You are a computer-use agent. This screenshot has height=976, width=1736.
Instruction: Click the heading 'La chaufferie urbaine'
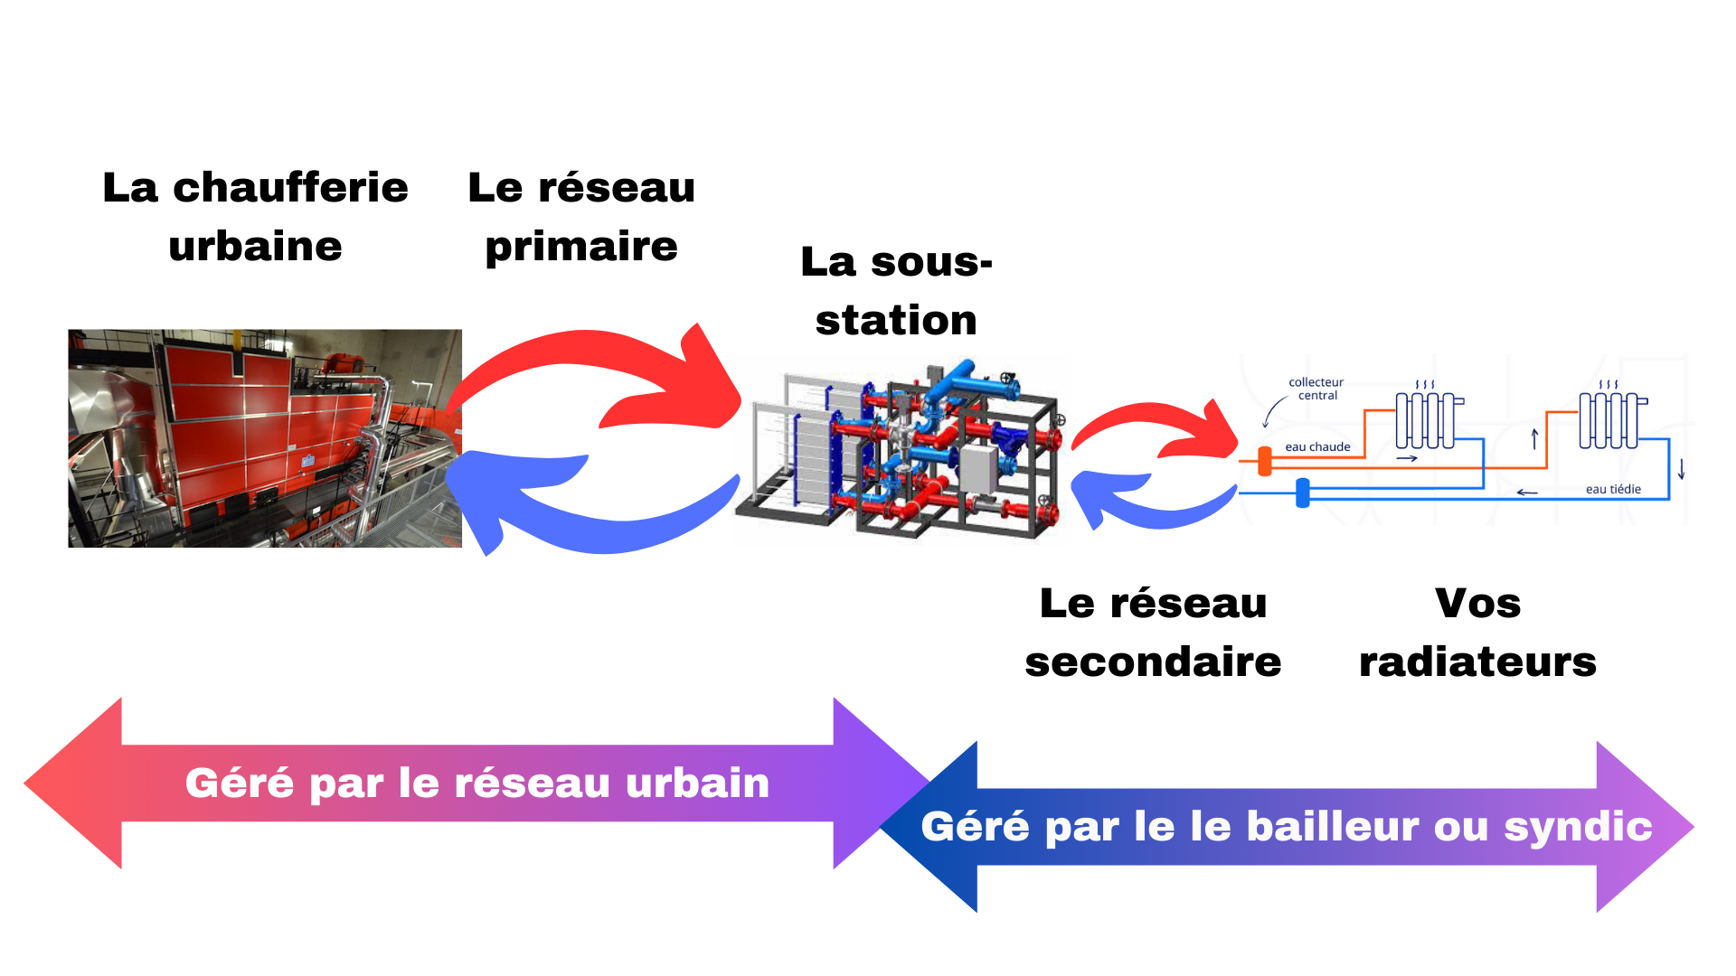pyautogui.click(x=255, y=217)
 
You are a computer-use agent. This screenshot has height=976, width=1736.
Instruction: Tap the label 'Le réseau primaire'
pyautogui.click(x=581, y=217)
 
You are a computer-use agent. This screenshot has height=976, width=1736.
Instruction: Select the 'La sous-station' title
pyautogui.click(x=896, y=291)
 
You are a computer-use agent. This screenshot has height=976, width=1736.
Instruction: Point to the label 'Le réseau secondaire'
pyautogui.click(x=1153, y=633)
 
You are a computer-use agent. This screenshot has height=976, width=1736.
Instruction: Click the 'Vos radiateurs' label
pyautogui.click(x=1477, y=633)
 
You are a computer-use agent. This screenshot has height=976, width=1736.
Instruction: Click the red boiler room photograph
pyautogui.click(x=265, y=438)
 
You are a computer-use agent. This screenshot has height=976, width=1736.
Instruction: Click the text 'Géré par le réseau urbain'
pyautogui.click(x=477, y=783)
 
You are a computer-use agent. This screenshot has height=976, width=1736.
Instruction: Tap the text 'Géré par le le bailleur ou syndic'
pyautogui.click(x=1286, y=826)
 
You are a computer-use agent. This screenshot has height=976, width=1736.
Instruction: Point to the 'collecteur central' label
pyautogui.click(x=1316, y=389)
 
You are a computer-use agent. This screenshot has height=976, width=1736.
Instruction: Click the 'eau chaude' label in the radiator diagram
pyautogui.click(x=1317, y=446)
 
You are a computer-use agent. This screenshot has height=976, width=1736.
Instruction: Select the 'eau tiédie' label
pyautogui.click(x=1613, y=489)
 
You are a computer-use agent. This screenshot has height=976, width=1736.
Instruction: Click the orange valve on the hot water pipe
pyautogui.click(x=1265, y=461)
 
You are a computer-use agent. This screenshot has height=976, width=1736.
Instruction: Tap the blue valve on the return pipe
pyautogui.click(x=1303, y=493)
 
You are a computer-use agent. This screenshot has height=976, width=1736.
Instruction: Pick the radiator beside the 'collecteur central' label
pyautogui.click(x=1427, y=420)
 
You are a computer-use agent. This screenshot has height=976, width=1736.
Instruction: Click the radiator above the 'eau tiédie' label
pyautogui.click(x=1610, y=420)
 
